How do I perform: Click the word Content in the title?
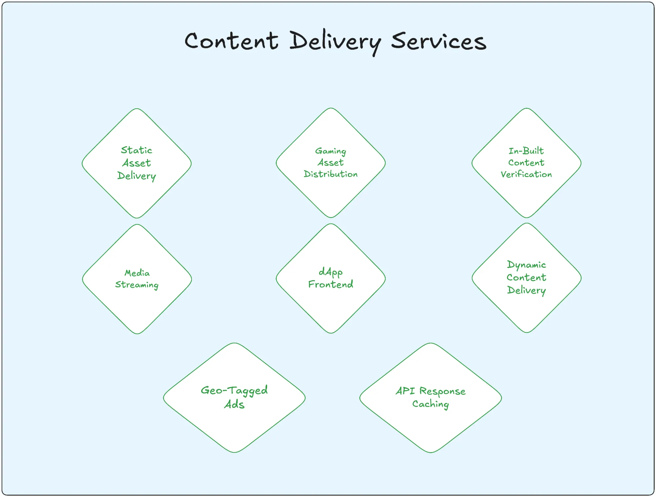pyautogui.click(x=231, y=41)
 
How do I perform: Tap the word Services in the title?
pyautogui.click(x=438, y=41)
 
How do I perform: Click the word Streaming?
pyautogui.click(x=137, y=285)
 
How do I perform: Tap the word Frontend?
pyautogui.click(x=330, y=284)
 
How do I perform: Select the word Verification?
pyautogui.click(x=526, y=174)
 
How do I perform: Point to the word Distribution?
pyautogui.click(x=330, y=174)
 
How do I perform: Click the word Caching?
pyautogui.click(x=430, y=404)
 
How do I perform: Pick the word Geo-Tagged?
pyautogui.click(x=234, y=391)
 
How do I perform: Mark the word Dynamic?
pyautogui.click(x=526, y=265)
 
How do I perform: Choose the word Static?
pyautogui.click(x=137, y=150)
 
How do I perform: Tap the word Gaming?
pyautogui.click(x=330, y=151)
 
